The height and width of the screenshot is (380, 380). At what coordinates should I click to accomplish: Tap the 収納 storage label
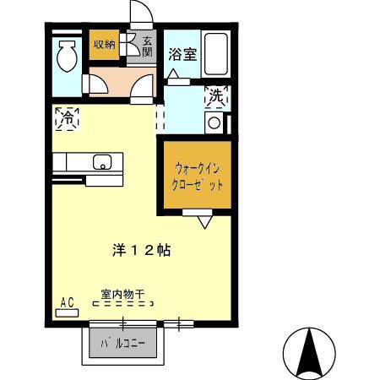105,45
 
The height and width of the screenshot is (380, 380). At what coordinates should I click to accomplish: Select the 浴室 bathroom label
182,55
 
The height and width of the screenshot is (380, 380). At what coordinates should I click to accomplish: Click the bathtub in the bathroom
217,54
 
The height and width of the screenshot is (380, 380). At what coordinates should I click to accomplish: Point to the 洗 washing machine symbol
216,97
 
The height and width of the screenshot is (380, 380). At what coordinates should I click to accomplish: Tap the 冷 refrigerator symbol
66,120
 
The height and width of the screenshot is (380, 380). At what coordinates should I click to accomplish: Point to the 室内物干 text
123,295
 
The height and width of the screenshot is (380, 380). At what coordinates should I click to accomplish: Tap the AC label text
67,301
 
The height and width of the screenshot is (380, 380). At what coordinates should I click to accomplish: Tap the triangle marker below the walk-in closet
204,222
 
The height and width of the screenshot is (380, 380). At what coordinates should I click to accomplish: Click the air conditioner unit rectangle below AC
67,312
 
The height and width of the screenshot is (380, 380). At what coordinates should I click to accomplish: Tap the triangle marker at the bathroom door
173,75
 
